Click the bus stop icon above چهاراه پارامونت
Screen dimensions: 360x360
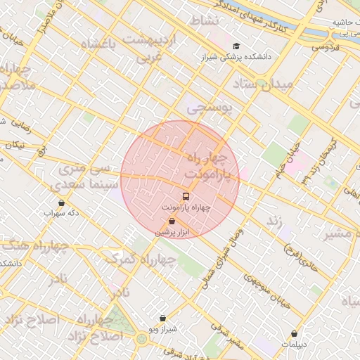coord(186,196)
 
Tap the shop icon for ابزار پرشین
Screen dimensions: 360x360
coord(172,221)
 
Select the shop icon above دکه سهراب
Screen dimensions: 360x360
coord(61,202)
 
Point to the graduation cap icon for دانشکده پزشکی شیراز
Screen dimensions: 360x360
coord(236,46)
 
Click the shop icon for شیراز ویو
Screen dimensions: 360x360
coord(163,318)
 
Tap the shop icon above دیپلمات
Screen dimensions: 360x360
coord(294,333)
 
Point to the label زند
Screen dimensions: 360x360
coord(274,221)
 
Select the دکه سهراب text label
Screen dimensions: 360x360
coord(61,212)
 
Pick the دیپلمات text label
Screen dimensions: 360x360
coord(294,345)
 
